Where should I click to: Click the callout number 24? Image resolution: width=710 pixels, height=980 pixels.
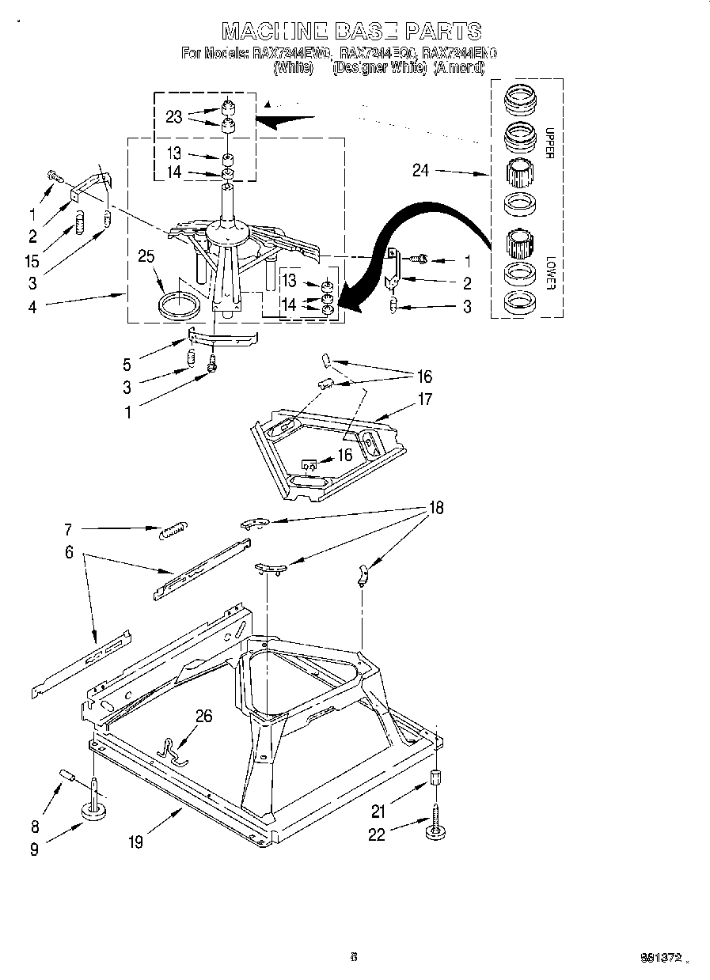click(420, 169)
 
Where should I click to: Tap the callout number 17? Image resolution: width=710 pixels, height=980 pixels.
click(425, 399)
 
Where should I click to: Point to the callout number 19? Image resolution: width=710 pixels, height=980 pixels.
click(135, 842)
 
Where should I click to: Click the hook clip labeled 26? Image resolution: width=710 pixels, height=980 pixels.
click(172, 751)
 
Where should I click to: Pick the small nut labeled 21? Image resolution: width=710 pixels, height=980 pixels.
click(435, 777)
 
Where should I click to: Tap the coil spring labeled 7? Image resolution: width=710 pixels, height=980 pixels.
click(173, 531)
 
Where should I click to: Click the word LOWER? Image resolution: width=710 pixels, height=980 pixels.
click(550, 271)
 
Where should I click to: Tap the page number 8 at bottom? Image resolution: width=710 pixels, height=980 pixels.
click(354, 957)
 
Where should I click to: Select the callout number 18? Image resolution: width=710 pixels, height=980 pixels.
click(435, 509)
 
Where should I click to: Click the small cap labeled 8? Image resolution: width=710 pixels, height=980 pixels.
click(67, 776)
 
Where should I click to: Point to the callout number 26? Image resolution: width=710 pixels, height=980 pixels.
click(204, 717)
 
